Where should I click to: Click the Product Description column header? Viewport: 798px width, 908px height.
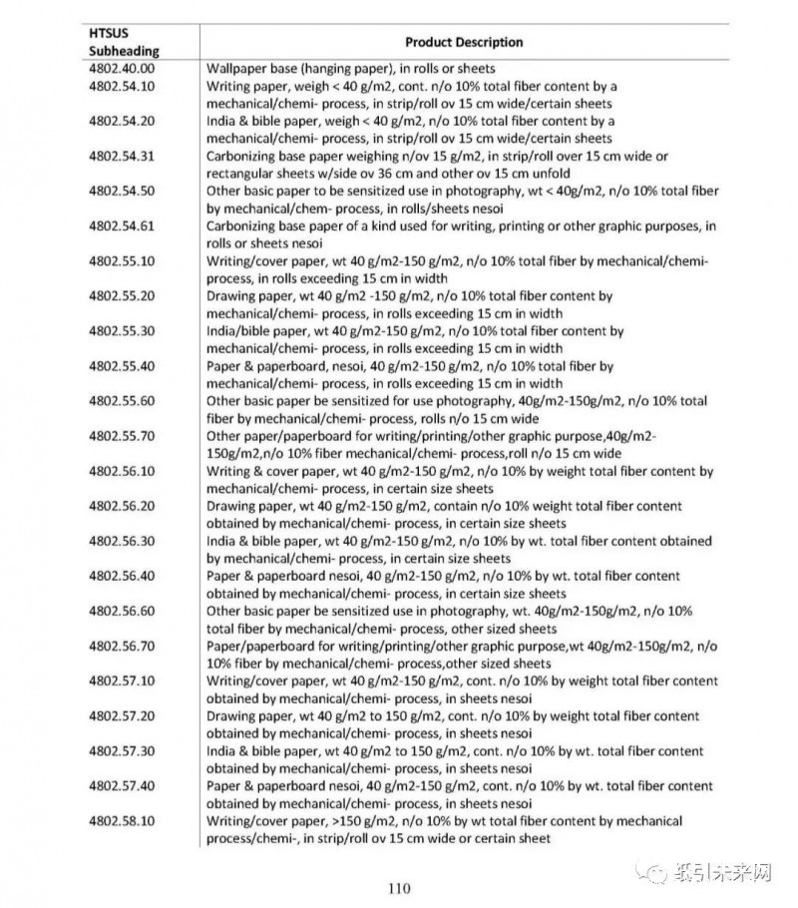point(463,42)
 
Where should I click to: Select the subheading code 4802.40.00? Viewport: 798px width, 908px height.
point(122,69)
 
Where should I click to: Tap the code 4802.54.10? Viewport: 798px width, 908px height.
point(122,87)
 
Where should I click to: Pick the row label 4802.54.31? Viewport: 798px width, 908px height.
point(122,157)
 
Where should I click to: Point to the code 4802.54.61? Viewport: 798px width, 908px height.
point(122,227)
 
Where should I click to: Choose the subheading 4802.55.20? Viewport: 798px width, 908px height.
point(122,296)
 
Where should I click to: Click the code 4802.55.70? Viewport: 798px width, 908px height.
point(122,436)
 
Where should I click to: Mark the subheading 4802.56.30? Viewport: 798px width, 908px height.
point(122,541)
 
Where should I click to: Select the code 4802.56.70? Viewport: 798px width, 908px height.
point(122,646)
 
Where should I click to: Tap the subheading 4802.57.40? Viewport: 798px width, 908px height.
point(122,785)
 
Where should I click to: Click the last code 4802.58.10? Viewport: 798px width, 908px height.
point(122,820)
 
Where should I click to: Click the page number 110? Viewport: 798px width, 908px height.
point(399,888)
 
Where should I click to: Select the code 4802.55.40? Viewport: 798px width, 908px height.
point(122,366)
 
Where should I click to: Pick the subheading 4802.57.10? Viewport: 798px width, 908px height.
point(122,681)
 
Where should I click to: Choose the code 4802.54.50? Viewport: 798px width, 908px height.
point(122,192)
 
